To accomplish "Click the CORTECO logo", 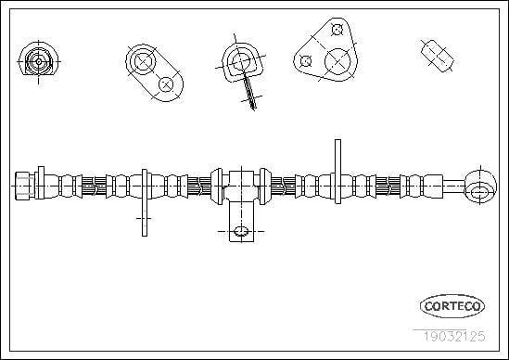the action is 452,306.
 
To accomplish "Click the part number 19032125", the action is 454,336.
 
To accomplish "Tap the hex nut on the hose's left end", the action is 24,186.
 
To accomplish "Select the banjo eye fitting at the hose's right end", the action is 481,186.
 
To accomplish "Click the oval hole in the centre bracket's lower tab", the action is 241,232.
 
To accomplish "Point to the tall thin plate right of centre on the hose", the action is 337,172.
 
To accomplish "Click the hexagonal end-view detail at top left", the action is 39,61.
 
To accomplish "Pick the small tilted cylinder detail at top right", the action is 437,56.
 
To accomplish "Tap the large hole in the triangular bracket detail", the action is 337,61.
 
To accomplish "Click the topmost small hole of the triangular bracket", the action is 337,30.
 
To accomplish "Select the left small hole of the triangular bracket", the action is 306,60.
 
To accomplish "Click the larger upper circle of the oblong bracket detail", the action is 143,60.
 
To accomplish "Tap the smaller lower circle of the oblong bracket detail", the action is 166,84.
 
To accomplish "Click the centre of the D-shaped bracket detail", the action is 241,60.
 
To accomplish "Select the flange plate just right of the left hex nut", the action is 41,183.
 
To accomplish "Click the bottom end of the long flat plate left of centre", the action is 145,236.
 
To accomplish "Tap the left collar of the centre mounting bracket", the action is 217,186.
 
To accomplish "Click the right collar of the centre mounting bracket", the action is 264,186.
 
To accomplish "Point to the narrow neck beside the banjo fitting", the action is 454,186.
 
